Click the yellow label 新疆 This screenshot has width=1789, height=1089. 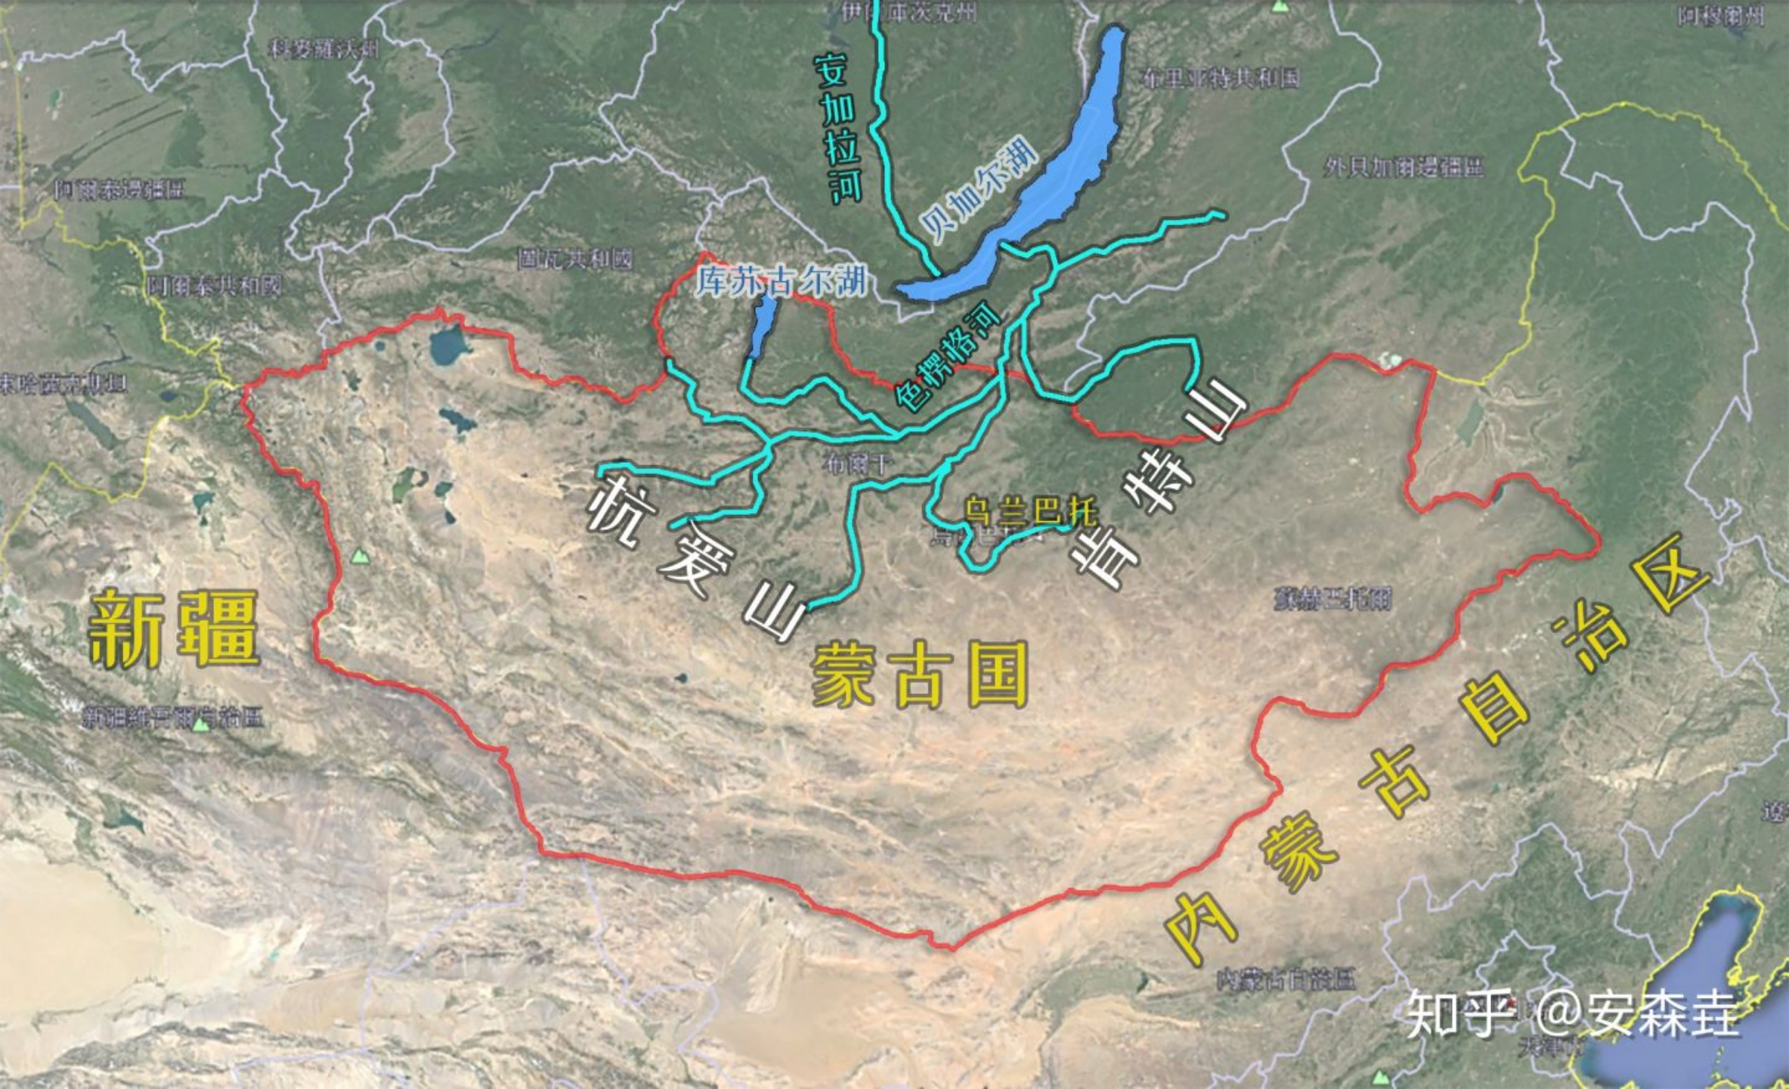174,629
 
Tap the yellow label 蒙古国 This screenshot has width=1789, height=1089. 918,675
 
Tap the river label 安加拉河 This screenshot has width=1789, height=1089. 838,129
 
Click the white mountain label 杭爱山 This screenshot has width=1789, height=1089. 695,556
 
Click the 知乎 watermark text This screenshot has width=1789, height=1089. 1459,1013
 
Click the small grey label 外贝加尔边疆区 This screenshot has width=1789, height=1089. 1403,167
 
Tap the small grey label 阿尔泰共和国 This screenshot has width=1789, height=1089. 214,286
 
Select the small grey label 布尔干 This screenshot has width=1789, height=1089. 859,464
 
